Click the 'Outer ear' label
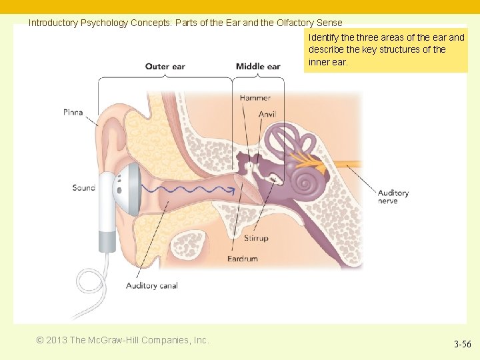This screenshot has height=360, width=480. point(165,66)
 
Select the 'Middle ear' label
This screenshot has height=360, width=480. point(258,66)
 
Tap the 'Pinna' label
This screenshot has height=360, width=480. point(73,112)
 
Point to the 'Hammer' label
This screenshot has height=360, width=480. point(255,98)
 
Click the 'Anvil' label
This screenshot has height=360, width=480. point(267,115)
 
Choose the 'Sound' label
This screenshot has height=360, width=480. point(84,188)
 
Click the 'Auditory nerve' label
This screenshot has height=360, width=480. point(393,197)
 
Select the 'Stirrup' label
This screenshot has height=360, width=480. point(256,238)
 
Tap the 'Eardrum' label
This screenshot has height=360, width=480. point(243,259)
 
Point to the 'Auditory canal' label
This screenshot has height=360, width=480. point(152,286)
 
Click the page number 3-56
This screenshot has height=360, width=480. point(463,345)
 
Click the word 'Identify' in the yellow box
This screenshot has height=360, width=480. point(323,37)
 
